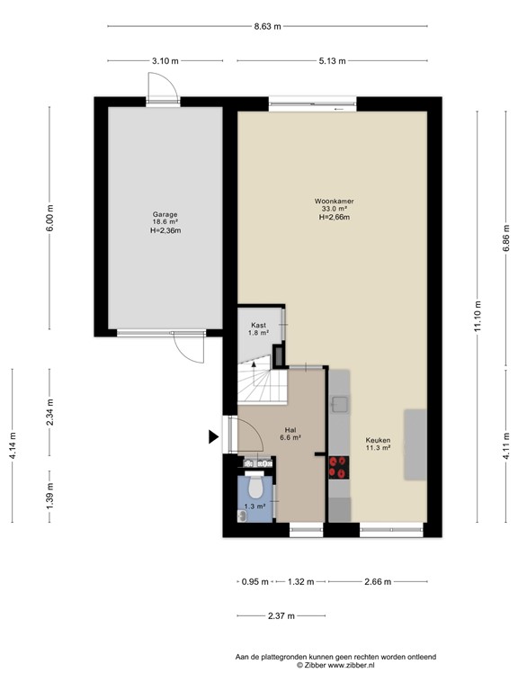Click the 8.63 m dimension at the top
click(267, 27)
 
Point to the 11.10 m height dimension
click(477, 316)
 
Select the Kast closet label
click(258, 326)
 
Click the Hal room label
click(290, 430)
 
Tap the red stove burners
click(339, 466)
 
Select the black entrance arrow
click(214, 437)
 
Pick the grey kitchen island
click(415, 445)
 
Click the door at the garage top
click(163, 88)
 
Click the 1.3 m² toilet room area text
click(255, 507)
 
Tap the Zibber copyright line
click(335, 665)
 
